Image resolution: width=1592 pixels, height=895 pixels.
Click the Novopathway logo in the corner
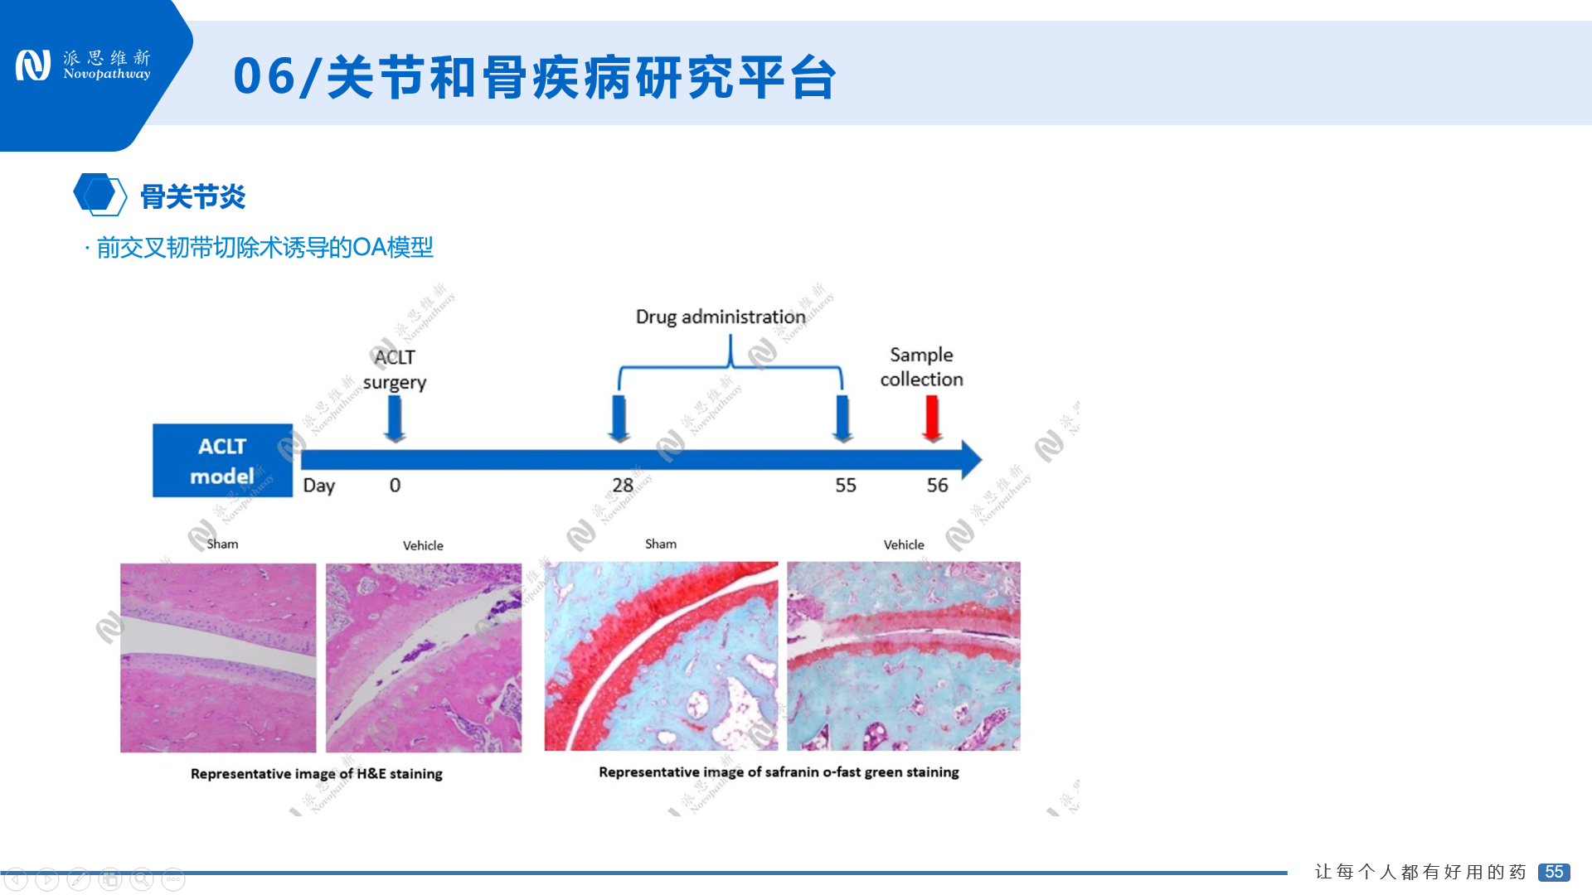coord(83,65)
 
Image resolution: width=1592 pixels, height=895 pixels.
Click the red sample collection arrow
coord(932,417)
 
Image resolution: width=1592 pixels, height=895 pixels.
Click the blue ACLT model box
coord(222,461)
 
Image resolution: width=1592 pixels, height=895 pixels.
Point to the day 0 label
coord(395,486)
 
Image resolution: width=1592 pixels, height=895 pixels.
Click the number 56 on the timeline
coord(937,486)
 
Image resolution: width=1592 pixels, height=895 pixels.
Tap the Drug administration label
coord(720,317)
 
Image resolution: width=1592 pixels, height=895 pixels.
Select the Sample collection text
coord(921,366)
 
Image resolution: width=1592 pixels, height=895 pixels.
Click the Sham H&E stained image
coord(218,658)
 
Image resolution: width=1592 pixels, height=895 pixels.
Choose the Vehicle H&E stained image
coord(424,658)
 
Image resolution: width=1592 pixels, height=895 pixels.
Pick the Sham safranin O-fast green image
coord(661,656)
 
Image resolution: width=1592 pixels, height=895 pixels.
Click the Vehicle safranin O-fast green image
coord(903,656)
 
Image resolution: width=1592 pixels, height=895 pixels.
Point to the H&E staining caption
coord(316,774)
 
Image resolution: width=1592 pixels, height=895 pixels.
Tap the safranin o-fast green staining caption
coord(779,772)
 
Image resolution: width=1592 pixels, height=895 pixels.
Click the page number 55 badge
coord(1553,872)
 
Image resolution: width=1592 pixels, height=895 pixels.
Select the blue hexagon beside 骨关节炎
coord(99,195)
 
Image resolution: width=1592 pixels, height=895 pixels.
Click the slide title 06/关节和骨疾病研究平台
coord(535,77)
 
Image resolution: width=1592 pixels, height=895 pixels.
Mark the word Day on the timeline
coord(318,486)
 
